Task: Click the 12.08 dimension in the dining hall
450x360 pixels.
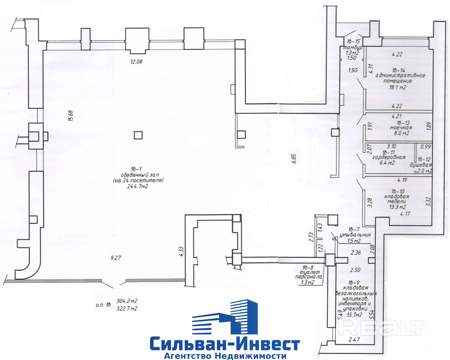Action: [x=136, y=62]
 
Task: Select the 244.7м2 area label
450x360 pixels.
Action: [x=138, y=186]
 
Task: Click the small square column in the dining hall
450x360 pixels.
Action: [x=138, y=135]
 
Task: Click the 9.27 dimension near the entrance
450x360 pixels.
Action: [x=117, y=257]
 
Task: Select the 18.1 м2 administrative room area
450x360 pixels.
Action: [x=397, y=88]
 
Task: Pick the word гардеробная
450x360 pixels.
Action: [x=388, y=157]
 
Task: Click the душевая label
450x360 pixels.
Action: [x=421, y=165]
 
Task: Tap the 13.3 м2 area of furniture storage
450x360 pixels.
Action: [x=398, y=207]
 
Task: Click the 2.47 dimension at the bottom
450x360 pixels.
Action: [x=354, y=340]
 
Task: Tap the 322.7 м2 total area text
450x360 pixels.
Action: [x=127, y=308]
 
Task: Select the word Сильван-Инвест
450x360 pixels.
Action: [x=225, y=344]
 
